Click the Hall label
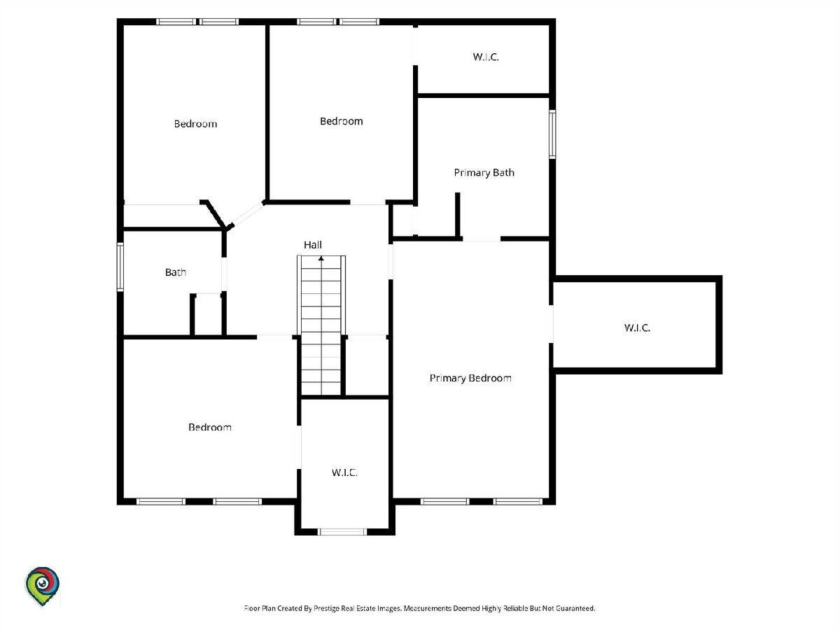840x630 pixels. pyautogui.click(x=313, y=245)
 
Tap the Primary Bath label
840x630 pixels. pyautogui.click(x=484, y=173)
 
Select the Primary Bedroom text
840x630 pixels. pyautogui.click(x=470, y=378)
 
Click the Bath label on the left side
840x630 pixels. pyautogui.click(x=176, y=272)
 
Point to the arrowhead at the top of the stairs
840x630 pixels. pyautogui.click(x=321, y=259)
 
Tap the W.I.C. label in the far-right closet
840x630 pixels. pyautogui.click(x=637, y=328)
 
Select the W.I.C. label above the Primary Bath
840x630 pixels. pyautogui.click(x=486, y=57)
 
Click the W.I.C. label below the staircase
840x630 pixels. pyautogui.click(x=344, y=472)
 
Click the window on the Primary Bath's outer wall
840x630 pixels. pyautogui.click(x=552, y=134)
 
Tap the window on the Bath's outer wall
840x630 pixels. pyautogui.click(x=120, y=267)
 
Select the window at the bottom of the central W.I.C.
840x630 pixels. pyautogui.click(x=342, y=532)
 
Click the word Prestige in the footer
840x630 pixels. pyautogui.click(x=327, y=608)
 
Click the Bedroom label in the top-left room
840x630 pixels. pyautogui.click(x=195, y=124)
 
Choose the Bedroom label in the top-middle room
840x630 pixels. pyautogui.click(x=342, y=121)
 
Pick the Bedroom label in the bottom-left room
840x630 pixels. pyautogui.click(x=210, y=427)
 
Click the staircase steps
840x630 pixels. pyautogui.click(x=321, y=325)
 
